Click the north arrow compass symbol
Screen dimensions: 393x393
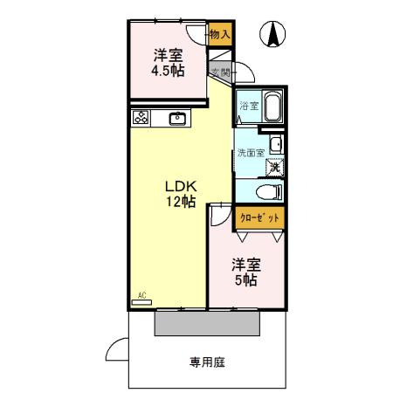(272, 34)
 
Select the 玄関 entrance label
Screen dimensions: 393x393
(220, 72)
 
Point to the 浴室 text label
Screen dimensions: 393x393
(249, 107)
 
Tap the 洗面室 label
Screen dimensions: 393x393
(250, 153)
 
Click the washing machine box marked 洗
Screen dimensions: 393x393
(273, 166)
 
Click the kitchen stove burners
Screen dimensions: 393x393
(141, 117)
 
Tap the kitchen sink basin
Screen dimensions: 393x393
(177, 118)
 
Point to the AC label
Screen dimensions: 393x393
(141, 296)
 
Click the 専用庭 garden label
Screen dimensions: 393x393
(207, 362)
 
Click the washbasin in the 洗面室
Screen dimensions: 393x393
(276, 144)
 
